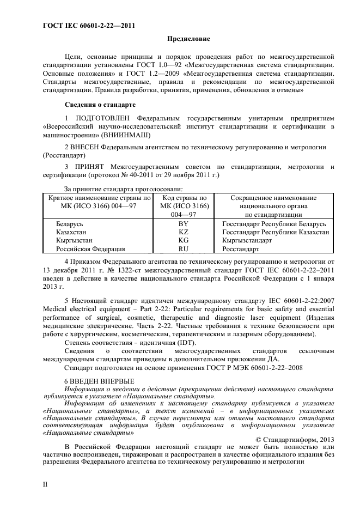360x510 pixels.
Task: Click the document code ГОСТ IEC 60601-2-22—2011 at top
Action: coord(88,25)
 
